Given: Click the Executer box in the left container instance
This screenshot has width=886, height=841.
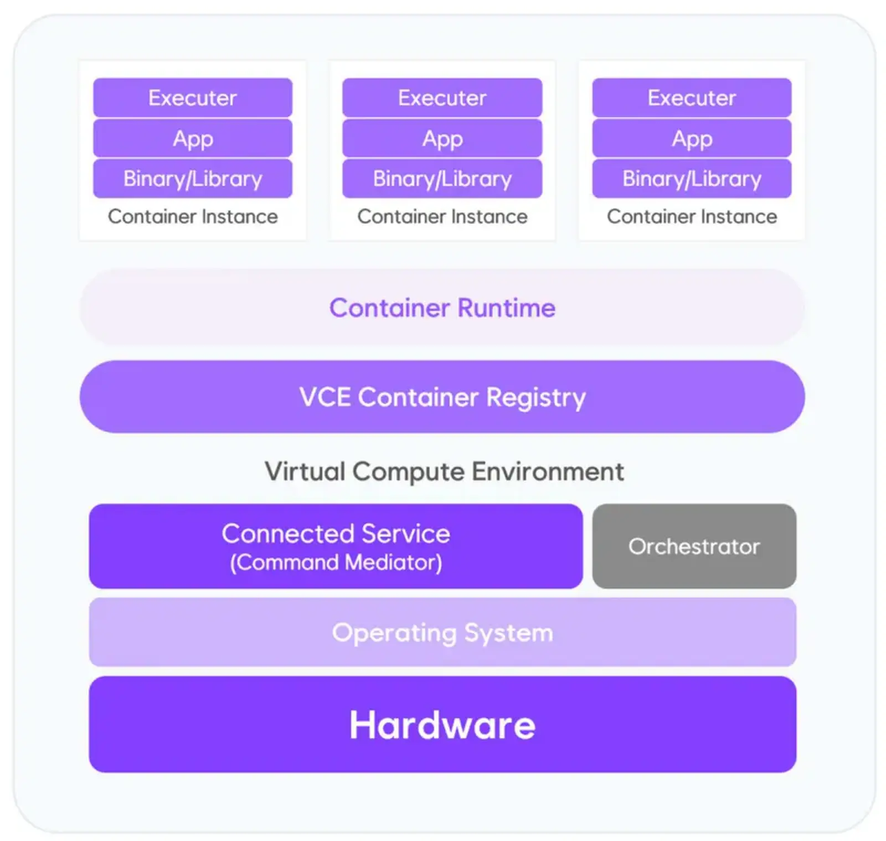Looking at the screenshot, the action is [193, 97].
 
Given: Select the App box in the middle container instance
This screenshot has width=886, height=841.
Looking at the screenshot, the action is [442, 138].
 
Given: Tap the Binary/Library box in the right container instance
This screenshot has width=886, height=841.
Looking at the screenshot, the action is [692, 178].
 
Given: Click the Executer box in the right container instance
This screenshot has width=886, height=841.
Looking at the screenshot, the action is [692, 97].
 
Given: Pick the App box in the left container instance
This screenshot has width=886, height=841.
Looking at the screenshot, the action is [193, 138].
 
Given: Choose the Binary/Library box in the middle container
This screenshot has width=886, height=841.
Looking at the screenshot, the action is [442, 178].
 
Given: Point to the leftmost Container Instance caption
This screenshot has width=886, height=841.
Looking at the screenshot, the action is [193, 216].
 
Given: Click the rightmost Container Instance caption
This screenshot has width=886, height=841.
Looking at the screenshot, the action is [692, 216].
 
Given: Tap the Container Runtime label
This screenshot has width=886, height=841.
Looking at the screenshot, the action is [442, 308].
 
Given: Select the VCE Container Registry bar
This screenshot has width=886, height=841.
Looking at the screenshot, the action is [442, 397].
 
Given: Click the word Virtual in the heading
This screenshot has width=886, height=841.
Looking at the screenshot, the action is [305, 471].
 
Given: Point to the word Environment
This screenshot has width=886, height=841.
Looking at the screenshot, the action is [548, 471].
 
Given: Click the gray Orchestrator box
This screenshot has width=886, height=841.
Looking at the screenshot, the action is [694, 546].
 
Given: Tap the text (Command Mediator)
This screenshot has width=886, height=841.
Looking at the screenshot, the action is [336, 563].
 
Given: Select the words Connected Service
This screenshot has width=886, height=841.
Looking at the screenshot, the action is [336, 533].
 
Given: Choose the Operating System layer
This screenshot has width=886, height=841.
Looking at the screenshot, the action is [442, 632].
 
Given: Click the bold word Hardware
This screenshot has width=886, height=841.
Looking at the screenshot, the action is [442, 725].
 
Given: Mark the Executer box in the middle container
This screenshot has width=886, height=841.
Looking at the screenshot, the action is [442, 97].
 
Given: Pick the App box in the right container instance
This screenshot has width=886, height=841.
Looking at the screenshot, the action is [692, 138].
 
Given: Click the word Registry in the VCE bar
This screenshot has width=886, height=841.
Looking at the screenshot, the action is [535, 398].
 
